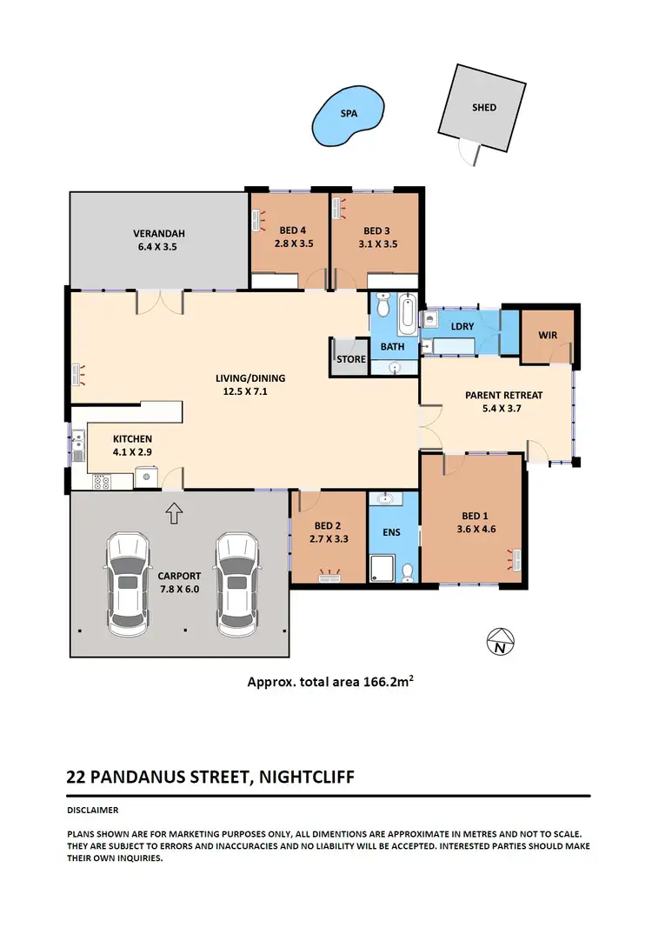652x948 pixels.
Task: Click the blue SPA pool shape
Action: (348, 117)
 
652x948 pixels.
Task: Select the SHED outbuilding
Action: (483, 108)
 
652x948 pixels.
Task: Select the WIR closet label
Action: (547, 334)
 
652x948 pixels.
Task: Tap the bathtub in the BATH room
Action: (406, 316)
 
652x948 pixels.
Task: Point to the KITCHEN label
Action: (131, 439)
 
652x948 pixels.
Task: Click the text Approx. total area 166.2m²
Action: (329, 683)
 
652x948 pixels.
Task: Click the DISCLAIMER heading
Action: (93, 809)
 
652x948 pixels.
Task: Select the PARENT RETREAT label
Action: (503, 395)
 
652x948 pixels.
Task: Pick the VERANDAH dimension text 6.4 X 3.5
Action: (158, 247)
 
